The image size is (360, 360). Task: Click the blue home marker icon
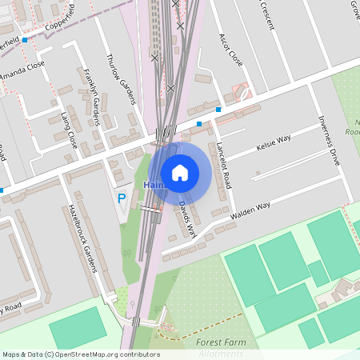tap(180, 172)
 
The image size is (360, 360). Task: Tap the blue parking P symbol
tap(122, 198)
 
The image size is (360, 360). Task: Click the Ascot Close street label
tap(231, 50)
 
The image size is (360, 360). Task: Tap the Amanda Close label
tap(22, 70)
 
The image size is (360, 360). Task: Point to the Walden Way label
tap(250, 210)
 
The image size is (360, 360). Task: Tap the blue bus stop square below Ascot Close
tap(218, 110)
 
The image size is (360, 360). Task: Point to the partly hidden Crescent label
tap(267, 14)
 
